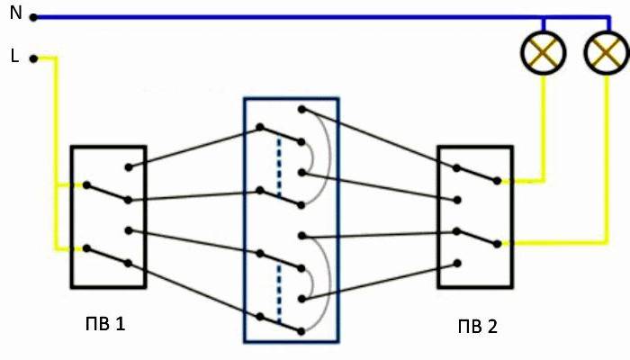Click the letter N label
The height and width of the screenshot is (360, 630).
coord(15,13)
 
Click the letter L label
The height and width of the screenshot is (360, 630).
coord(14,56)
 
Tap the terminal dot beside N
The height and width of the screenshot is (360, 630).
coord(34,18)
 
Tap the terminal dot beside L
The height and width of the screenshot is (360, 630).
coord(34,59)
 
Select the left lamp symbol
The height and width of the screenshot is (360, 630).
coord(544,52)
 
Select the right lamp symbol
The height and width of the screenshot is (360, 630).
coord(607,52)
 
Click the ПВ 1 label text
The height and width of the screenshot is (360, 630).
coord(105,323)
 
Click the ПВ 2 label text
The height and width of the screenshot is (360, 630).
coord(477,326)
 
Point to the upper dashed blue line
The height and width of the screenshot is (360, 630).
coord(279,166)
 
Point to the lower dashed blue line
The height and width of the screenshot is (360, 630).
coord(279,294)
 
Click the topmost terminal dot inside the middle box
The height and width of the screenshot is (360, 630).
coord(302,109)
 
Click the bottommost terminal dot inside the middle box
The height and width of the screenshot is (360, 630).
coord(301,331)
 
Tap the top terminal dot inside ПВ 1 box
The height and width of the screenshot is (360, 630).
coord(129,167)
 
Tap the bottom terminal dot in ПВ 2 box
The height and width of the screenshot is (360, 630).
coord(457,263)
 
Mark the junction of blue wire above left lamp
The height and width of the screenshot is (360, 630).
coord(544,18)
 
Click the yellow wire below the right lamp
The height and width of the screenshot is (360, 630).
coord(607,158)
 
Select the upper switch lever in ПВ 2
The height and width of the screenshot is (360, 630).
coord(477,175)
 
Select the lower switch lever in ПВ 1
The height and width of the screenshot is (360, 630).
coord(107,256)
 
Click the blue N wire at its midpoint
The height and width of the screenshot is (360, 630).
coord(322,18)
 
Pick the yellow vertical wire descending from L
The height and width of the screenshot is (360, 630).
coord(56,154)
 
